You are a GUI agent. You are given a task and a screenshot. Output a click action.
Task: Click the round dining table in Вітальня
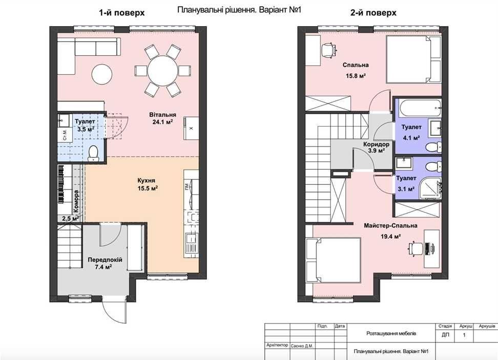[x=162, y=71]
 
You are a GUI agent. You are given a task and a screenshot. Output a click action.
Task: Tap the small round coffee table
[x=102, y=74]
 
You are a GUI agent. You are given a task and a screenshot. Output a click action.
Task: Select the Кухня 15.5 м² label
[x=148, y=184]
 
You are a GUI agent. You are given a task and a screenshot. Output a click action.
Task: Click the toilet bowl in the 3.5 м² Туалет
[x=93, y=153]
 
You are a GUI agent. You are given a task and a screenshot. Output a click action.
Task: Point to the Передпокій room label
[x=105, y=260]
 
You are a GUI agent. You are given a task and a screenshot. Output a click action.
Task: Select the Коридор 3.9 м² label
[x=377, y=147]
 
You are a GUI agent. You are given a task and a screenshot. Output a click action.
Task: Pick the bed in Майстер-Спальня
[x=334, y=260]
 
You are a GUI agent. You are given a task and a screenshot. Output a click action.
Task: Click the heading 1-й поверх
[x=121, y=13]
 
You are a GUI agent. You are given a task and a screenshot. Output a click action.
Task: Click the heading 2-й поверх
[x=373, y=13]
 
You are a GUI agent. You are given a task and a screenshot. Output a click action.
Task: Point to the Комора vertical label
[x=76, y=201]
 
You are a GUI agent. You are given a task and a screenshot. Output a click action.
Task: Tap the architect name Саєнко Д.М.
[x=302, y=346]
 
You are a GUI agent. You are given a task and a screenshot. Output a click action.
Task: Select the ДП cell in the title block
[x=445, y=335]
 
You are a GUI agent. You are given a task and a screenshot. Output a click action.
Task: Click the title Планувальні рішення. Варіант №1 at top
[x=239, y=10]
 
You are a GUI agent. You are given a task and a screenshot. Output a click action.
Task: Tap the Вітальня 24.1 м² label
[x=162, y=118]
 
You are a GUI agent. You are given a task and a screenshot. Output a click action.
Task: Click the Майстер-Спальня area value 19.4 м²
[x=390, y=236]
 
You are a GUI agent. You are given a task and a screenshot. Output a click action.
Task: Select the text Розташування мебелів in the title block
[x=391, y=333]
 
